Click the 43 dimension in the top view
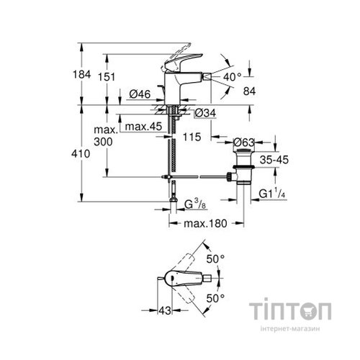point(166,310)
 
